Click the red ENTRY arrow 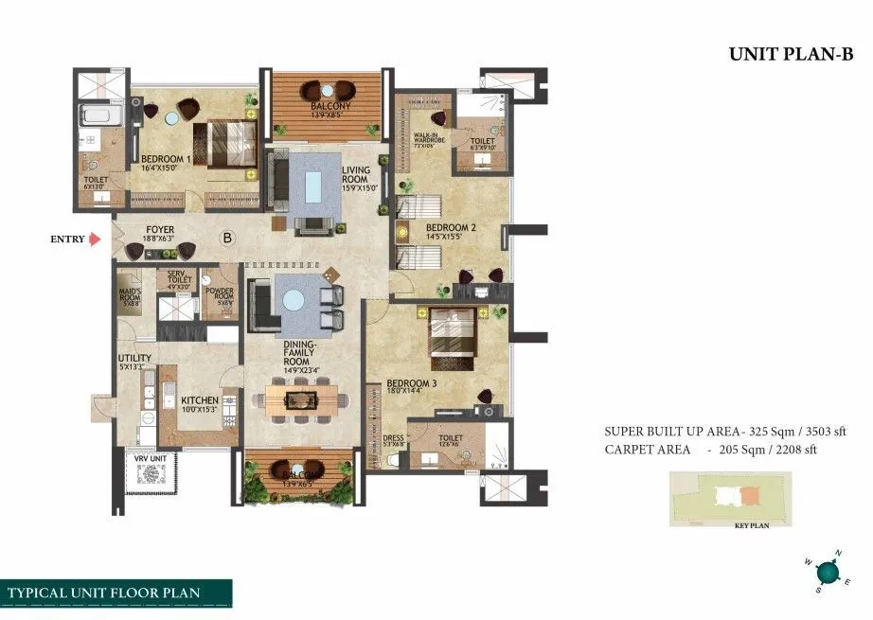point(95,240)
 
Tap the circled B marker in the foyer point(227,239)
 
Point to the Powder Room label point(219,292)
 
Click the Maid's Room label point(130,296)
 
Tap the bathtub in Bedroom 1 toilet point(94,117)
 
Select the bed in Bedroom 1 point(224,145)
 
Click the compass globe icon point(828,573)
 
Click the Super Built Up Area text point(710,432)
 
